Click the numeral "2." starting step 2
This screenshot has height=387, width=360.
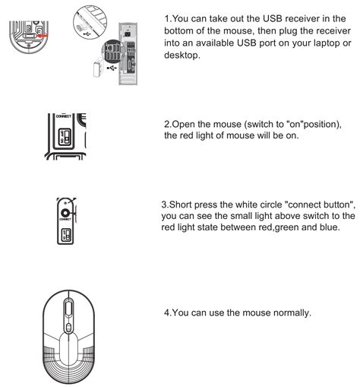[x=169, y=124]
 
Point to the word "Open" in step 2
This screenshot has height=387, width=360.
[x=187, y=124]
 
